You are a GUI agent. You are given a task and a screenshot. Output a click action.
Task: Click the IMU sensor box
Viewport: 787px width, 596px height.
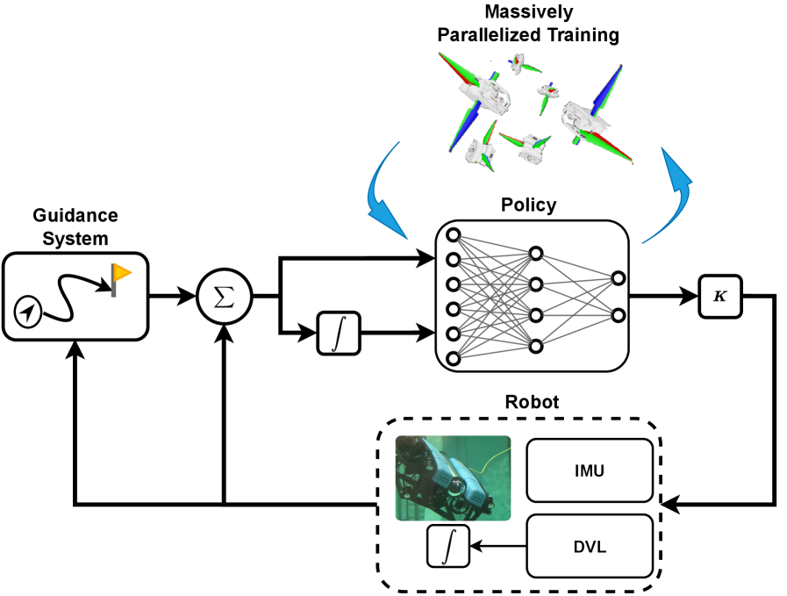click(x=590, y=470)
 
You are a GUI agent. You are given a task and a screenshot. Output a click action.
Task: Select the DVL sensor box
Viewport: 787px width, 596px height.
click(x=590, y=546)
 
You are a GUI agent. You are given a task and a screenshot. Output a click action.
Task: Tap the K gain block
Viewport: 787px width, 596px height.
click(x=719, y=297)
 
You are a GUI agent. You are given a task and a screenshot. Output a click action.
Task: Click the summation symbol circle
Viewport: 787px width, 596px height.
click(x=225, y=297)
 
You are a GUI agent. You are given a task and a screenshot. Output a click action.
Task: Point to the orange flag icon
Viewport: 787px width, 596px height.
click(x=121, y=274)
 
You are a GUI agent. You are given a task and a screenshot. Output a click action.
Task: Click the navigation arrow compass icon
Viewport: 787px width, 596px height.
click(x=28, y=312)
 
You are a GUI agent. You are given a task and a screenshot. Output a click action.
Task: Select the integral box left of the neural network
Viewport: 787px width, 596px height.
click(x=339, y=334)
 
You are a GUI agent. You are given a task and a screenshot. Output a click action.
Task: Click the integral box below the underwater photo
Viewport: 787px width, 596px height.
click(x=448, y=546)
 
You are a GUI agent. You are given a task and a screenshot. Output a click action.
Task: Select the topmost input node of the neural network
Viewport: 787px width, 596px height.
click(x=454, y=234)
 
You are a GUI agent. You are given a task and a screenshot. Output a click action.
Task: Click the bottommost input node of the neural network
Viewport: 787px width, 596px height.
click(x=454, y=358)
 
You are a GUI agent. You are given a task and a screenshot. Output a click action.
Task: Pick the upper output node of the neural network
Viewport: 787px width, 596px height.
click(x=619, y=278)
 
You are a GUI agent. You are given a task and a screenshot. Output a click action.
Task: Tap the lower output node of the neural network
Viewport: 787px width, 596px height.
click(x=619, y=315)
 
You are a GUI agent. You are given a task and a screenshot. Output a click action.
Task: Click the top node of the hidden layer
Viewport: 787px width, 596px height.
click(x=536, y=254)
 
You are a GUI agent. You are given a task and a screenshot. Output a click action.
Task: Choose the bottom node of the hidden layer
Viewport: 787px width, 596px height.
click(x=536, y=346)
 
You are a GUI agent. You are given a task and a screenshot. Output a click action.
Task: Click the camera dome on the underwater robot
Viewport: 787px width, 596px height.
click(x=458, y=487)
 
